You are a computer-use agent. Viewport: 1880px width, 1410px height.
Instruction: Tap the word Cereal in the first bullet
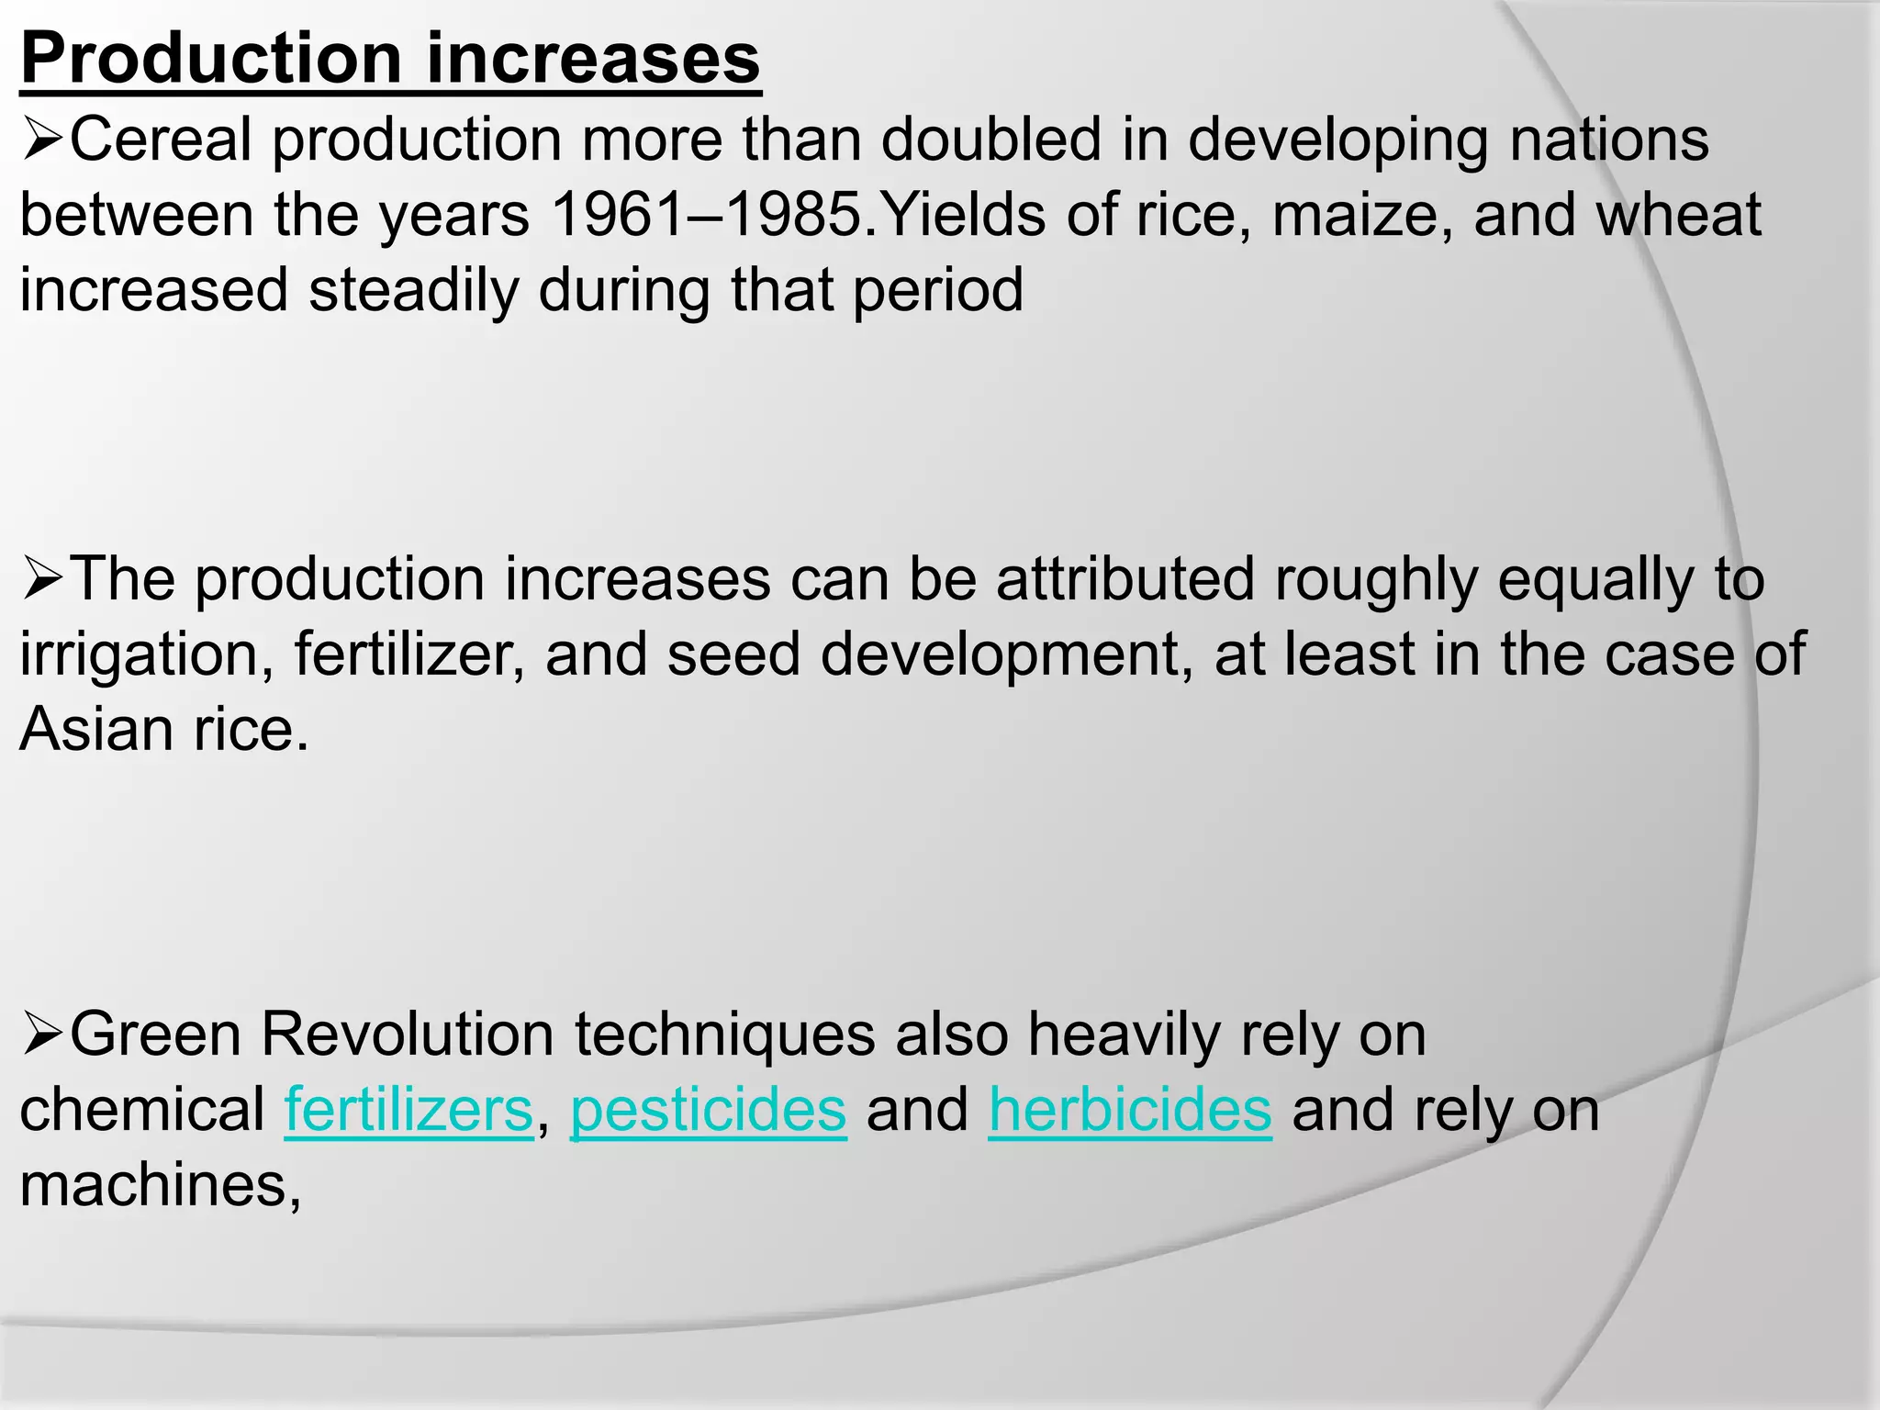(161, 140)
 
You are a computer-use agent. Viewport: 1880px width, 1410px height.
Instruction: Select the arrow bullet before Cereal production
(41, 142)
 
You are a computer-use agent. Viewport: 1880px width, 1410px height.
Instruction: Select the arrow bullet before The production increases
(41, 581)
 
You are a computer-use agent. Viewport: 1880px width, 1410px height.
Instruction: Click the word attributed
(1125, 580)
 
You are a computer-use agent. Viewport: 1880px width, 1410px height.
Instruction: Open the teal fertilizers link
(408, 1111)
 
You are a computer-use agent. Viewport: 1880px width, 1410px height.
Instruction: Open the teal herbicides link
(1130, 1111)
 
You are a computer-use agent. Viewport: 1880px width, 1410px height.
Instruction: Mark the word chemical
(142, 1111)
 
